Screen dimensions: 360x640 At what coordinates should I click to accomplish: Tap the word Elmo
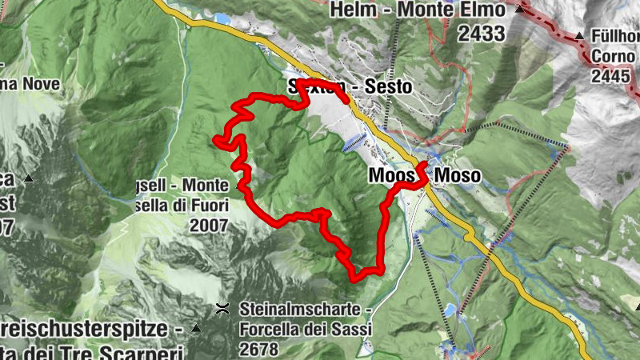click(481, 10)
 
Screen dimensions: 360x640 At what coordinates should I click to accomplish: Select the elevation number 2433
click(482, 33)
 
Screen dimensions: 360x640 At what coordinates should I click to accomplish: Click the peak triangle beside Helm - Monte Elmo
click(521, 10)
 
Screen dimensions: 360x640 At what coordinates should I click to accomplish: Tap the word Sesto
click(388, 86)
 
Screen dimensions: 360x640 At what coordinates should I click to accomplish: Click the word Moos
click(391, 174)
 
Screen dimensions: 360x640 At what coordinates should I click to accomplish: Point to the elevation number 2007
click(210, 226)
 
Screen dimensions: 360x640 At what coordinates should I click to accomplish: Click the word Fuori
click(209, 206)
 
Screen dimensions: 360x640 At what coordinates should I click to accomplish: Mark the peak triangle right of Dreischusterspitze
click(196, 329)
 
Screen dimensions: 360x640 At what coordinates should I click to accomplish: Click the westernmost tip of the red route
click(216, 141)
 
